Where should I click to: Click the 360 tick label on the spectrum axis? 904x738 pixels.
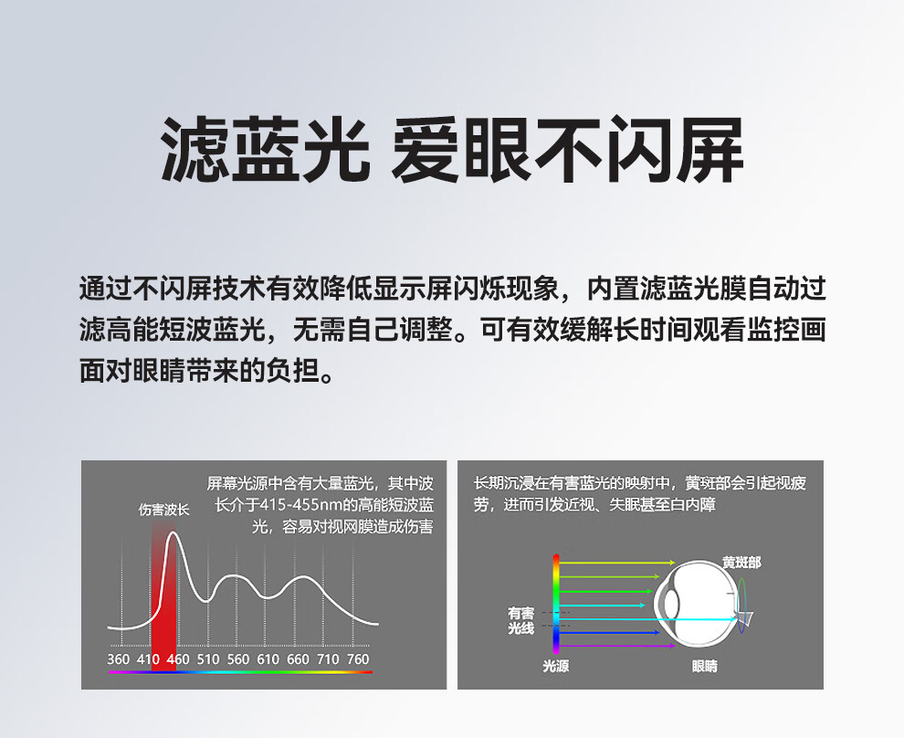[118, 659]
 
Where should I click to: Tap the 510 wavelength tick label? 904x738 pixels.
[208, 659]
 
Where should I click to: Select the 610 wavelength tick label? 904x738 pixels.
[268, 659]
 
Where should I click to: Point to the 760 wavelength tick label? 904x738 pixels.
[358, 659]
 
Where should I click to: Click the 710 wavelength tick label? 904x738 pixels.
[328, 659]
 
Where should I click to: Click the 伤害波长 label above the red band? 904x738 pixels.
[163, 510]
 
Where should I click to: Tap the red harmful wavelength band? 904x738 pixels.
[163, 599]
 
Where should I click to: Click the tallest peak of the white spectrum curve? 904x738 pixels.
[173, 532]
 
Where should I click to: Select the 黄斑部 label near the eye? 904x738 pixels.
[741, 562]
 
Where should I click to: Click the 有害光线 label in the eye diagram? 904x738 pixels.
[521, 620]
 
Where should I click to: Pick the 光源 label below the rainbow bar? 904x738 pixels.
[556, 666]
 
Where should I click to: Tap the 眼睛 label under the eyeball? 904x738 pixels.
[705, 666]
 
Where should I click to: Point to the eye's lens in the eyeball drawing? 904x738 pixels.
[670, 604]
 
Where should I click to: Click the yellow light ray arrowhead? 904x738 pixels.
[672, 562]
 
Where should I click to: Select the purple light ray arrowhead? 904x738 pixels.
[672, 646]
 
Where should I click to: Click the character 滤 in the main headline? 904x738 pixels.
[194, 149]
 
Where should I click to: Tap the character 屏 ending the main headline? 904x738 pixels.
[710, 149]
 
